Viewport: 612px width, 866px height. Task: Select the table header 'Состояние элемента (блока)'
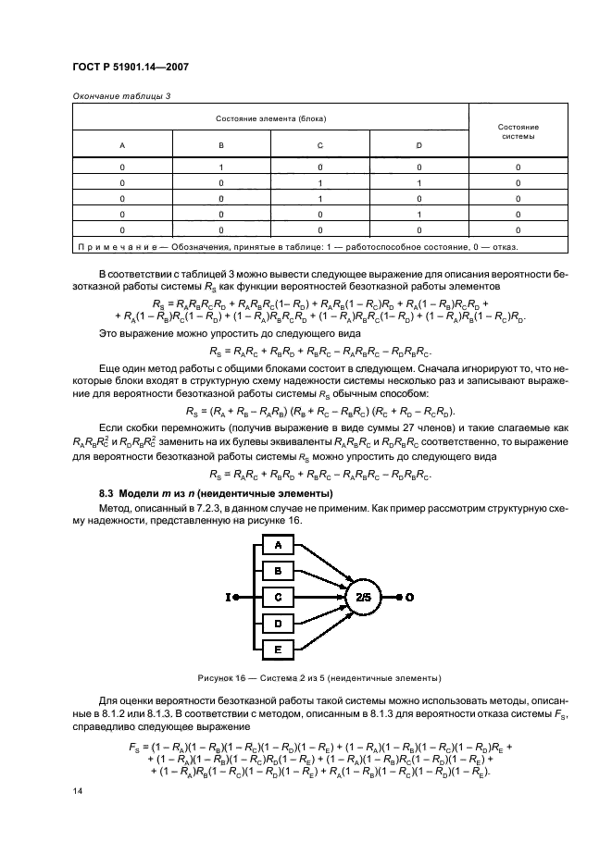point(270,118)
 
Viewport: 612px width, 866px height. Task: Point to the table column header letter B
point(220,146)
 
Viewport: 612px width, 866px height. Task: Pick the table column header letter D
point(418,146)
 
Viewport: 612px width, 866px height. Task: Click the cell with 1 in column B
point(220,167)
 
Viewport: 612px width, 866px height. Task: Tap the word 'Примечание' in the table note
point(112,247)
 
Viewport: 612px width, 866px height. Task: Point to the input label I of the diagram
point(227,597)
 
